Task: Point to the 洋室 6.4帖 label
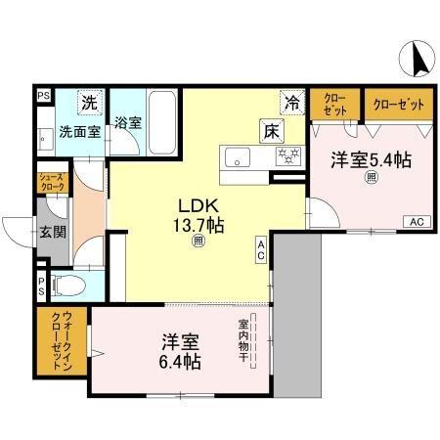(x=181, y=352)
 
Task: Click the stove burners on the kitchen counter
(x=287, y=156)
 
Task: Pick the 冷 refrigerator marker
(x=291, y=99)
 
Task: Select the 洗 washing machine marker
(x=89, y=101)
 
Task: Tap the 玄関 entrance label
(x=53, y=232)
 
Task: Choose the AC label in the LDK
(x=261, y=248)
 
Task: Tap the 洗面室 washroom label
(x=78, y=130)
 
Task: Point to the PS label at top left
(x=43, y=95)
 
